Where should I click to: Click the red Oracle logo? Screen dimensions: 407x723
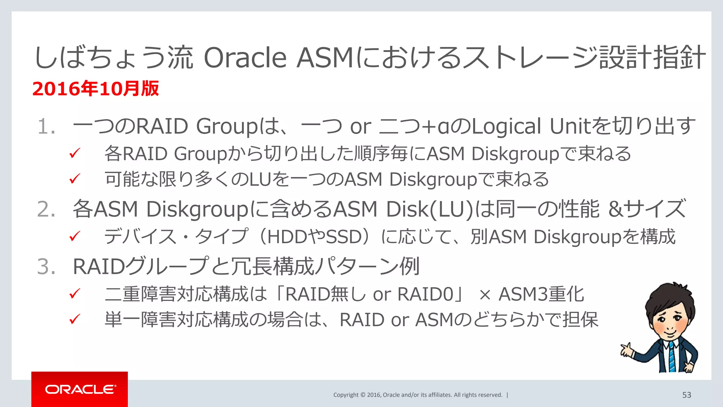tap(80, 389)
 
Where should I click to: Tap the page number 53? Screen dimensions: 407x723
tap(686, 395)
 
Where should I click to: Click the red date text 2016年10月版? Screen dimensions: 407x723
tap(96, 89)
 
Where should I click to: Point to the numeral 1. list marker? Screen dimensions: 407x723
tap(46, 126)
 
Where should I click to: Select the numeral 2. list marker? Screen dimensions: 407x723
tap(46, 209)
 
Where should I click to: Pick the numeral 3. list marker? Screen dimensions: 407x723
tap(46, 266)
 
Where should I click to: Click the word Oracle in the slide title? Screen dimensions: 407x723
tap(245, 58)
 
